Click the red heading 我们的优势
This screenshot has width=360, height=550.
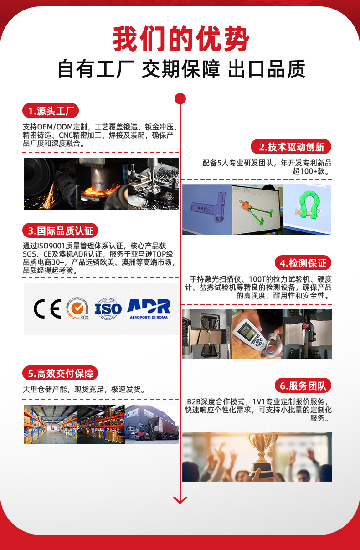pos(180,39)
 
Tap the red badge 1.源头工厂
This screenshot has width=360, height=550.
pos(51,111)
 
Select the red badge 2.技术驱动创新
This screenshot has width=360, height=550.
pos(291,147)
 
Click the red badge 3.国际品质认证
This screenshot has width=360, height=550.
pos(60,231)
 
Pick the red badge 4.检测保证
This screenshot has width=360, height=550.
pos(303,263)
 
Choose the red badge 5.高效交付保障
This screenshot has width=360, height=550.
pos(60,374)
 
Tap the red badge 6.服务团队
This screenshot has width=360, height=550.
pos(303,386)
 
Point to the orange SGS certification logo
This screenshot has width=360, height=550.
pos(77,308)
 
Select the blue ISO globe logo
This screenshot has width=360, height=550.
pos(108,308)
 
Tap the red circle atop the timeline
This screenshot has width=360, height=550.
pos(180,99)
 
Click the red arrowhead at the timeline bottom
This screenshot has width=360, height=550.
pos(180,499)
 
